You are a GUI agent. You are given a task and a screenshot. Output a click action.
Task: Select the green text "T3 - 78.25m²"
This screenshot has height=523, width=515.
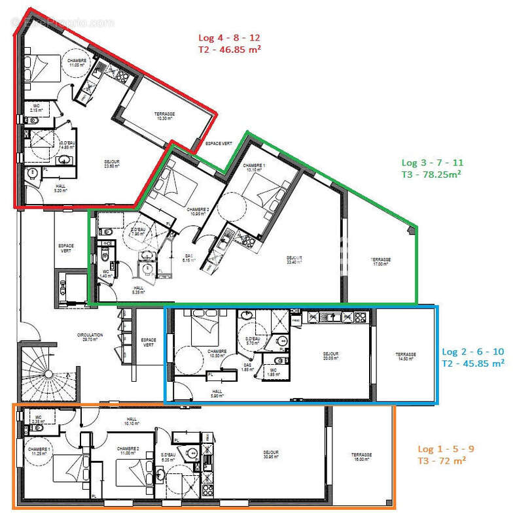433,174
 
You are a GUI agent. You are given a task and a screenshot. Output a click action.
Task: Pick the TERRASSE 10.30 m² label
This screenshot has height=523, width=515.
165,115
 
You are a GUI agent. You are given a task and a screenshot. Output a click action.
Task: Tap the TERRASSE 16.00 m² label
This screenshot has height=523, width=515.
361,457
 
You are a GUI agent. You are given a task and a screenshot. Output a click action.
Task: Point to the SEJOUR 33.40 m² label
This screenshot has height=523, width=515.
294,260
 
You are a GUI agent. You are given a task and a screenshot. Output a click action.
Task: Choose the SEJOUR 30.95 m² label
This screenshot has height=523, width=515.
270,454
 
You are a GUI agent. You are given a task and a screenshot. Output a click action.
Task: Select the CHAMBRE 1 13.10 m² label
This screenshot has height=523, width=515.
254,169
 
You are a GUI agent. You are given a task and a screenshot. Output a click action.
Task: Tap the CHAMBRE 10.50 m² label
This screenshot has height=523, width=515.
217,354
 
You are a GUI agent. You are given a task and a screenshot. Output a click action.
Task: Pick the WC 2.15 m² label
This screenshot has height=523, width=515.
35,107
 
